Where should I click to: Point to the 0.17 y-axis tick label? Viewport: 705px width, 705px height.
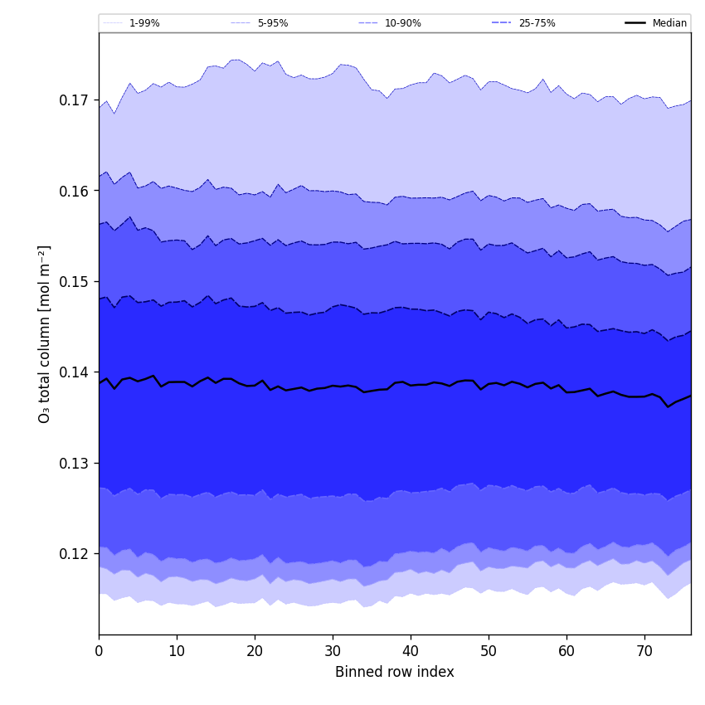click(x=74, y=100)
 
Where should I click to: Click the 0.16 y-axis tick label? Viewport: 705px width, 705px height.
click(x=74, y=191)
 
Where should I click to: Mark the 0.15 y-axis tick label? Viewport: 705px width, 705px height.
click(x=74, y=282)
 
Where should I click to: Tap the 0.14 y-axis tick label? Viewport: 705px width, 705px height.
click(x=74, y=372)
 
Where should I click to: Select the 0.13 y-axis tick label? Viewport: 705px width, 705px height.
click(x=74, y=463)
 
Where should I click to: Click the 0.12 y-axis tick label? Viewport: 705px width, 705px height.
click(x=74, y=553)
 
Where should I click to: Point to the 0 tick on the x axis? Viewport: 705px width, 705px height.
click(x=99, y=651)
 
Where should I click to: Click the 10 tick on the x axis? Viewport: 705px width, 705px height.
click(x=177, y=651)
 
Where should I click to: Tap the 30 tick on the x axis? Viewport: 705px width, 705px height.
click(x=333, y=651)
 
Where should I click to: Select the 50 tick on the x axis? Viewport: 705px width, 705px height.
click(x=489, y=651)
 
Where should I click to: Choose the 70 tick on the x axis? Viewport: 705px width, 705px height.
click(x=644, y=651)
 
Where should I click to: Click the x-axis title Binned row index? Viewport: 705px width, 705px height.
click(x=395, y=672)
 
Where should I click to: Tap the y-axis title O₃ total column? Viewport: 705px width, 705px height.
click(x=44, y=333)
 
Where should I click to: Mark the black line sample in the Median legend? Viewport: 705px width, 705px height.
click(x=636, y=23)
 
